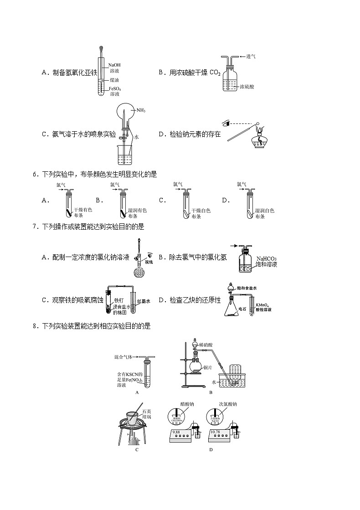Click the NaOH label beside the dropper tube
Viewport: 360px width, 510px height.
[x=114, y=65]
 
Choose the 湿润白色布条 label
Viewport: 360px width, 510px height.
[x=264, y=213]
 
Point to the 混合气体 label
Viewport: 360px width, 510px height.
[x=123, y=358]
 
